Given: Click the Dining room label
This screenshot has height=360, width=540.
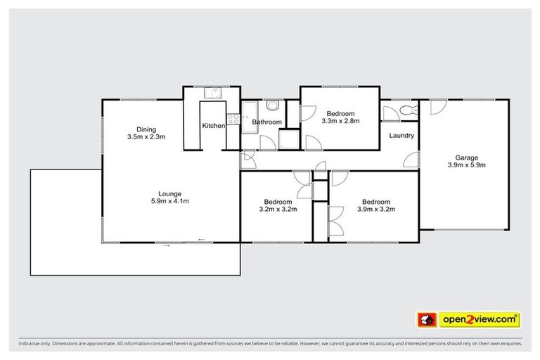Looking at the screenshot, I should [146, 129].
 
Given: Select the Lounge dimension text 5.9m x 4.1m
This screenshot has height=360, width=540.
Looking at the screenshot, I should [169, 202].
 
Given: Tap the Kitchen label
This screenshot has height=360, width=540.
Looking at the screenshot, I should [214, 126].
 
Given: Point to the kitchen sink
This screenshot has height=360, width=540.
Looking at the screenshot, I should [213, 93].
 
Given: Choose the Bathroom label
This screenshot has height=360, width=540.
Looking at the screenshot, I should [267, 122].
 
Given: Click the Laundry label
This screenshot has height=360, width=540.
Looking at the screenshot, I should [401, 136].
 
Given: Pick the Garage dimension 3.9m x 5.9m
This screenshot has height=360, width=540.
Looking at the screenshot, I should [467, 165].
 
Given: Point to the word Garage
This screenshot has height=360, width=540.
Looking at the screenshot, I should [467, 157].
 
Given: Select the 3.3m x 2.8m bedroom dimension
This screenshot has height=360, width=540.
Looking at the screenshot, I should [340, 121].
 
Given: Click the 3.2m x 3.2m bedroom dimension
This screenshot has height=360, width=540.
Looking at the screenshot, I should [278, 209].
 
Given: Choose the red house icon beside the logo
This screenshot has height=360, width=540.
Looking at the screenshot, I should [425, 320].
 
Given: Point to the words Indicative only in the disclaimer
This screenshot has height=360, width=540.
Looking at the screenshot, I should [34, 344].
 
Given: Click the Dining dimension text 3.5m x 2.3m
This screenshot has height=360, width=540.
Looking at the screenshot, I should [146, 136].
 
